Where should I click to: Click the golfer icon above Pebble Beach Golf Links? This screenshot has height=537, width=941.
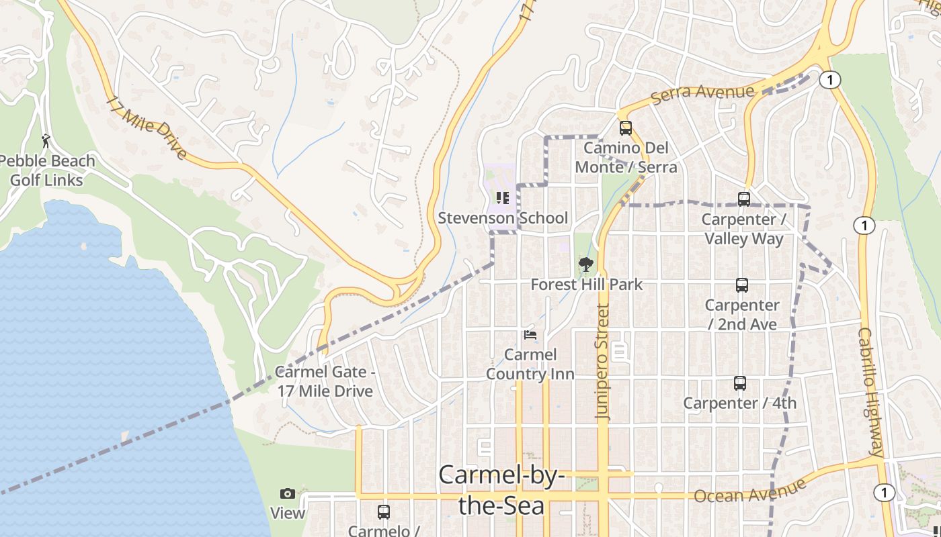[x=46, y=141]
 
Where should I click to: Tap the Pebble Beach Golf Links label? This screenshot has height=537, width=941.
[x=47, y=170]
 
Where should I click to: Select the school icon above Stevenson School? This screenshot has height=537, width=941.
[x=502, y=198]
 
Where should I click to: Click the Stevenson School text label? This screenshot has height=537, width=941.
[x=503, y=218]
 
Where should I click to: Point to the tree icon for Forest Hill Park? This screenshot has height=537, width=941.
[x=586, y=264]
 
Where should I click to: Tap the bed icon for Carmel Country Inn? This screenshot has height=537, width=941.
[x=530, y=334]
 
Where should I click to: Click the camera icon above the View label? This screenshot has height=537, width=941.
[x=288, y=494]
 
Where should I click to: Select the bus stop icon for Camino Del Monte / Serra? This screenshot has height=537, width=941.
[x=626, y=128]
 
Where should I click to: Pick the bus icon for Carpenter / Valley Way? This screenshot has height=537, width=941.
[x=743, y=199]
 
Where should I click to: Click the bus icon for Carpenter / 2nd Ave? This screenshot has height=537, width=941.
[x=741, y=285]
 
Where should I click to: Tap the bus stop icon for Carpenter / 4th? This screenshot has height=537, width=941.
[x=740, y=383]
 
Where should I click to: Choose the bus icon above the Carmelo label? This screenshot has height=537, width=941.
[x=383, y=512]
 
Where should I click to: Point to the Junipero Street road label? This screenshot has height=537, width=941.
[x=603, y=362]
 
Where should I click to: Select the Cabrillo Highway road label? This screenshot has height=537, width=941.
[x=870, y=393]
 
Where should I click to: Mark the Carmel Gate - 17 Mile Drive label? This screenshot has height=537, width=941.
[x=325, y=381]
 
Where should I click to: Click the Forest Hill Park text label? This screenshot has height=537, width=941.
[x=586, y=285]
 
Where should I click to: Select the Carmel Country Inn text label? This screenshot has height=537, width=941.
[x=530, y=364]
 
